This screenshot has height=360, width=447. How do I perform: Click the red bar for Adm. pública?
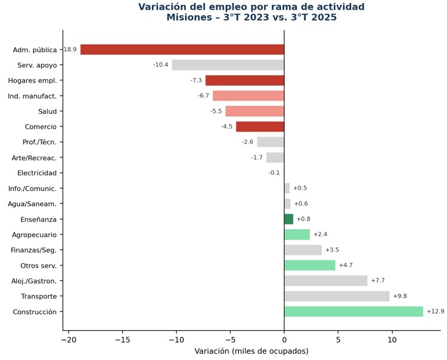coord(182,49)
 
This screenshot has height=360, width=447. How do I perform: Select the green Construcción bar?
coord(353,311)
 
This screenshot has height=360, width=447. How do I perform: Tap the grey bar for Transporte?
coord(337,296)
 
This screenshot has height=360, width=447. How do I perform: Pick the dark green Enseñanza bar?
coord(289,219)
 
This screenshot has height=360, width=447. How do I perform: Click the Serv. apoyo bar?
coord(228,65)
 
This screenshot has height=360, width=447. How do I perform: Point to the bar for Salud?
coord(254,111)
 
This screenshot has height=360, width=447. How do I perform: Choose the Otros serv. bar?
coord(309,265)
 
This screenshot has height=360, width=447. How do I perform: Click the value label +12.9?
coord(435,311)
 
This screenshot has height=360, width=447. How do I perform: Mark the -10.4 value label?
coord(161,65)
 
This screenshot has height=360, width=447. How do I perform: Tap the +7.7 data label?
coord(378,281)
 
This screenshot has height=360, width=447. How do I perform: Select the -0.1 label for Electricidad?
coord(274,173)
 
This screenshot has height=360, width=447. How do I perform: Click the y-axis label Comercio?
coord(41,126)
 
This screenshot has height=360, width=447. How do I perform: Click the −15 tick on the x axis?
coord(122,339)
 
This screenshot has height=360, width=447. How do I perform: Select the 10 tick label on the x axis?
coord(392,339)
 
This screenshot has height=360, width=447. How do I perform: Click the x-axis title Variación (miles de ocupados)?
coord(251,351)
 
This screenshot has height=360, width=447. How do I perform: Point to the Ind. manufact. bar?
coord(248,95)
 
